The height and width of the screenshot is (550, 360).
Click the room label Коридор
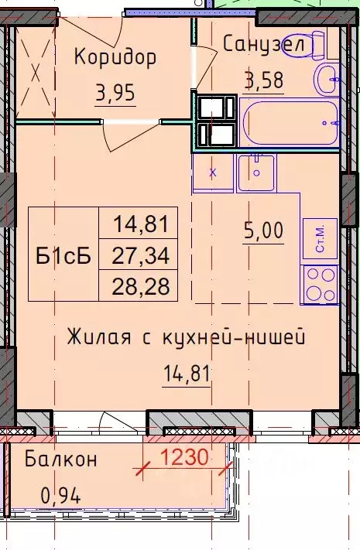pyautogui.click(x=115, y=56)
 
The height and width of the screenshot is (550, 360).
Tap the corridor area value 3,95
pyautogui.click(x=115, y=94)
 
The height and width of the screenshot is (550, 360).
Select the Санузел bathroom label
pyautogui.click(x=267, y=43)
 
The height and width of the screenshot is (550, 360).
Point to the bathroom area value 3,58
pyautogui.click(x=264, y=80)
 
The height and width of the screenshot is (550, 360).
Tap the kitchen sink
pyautogui.click(x=256, y=172)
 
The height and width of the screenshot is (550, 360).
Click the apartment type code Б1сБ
pyautogui.click(x=63, y=254)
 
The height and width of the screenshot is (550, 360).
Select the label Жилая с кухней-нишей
pyautogui.click(x=186, y=337)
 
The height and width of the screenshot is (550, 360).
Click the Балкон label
pyautogui.click(x=60, y=459)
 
